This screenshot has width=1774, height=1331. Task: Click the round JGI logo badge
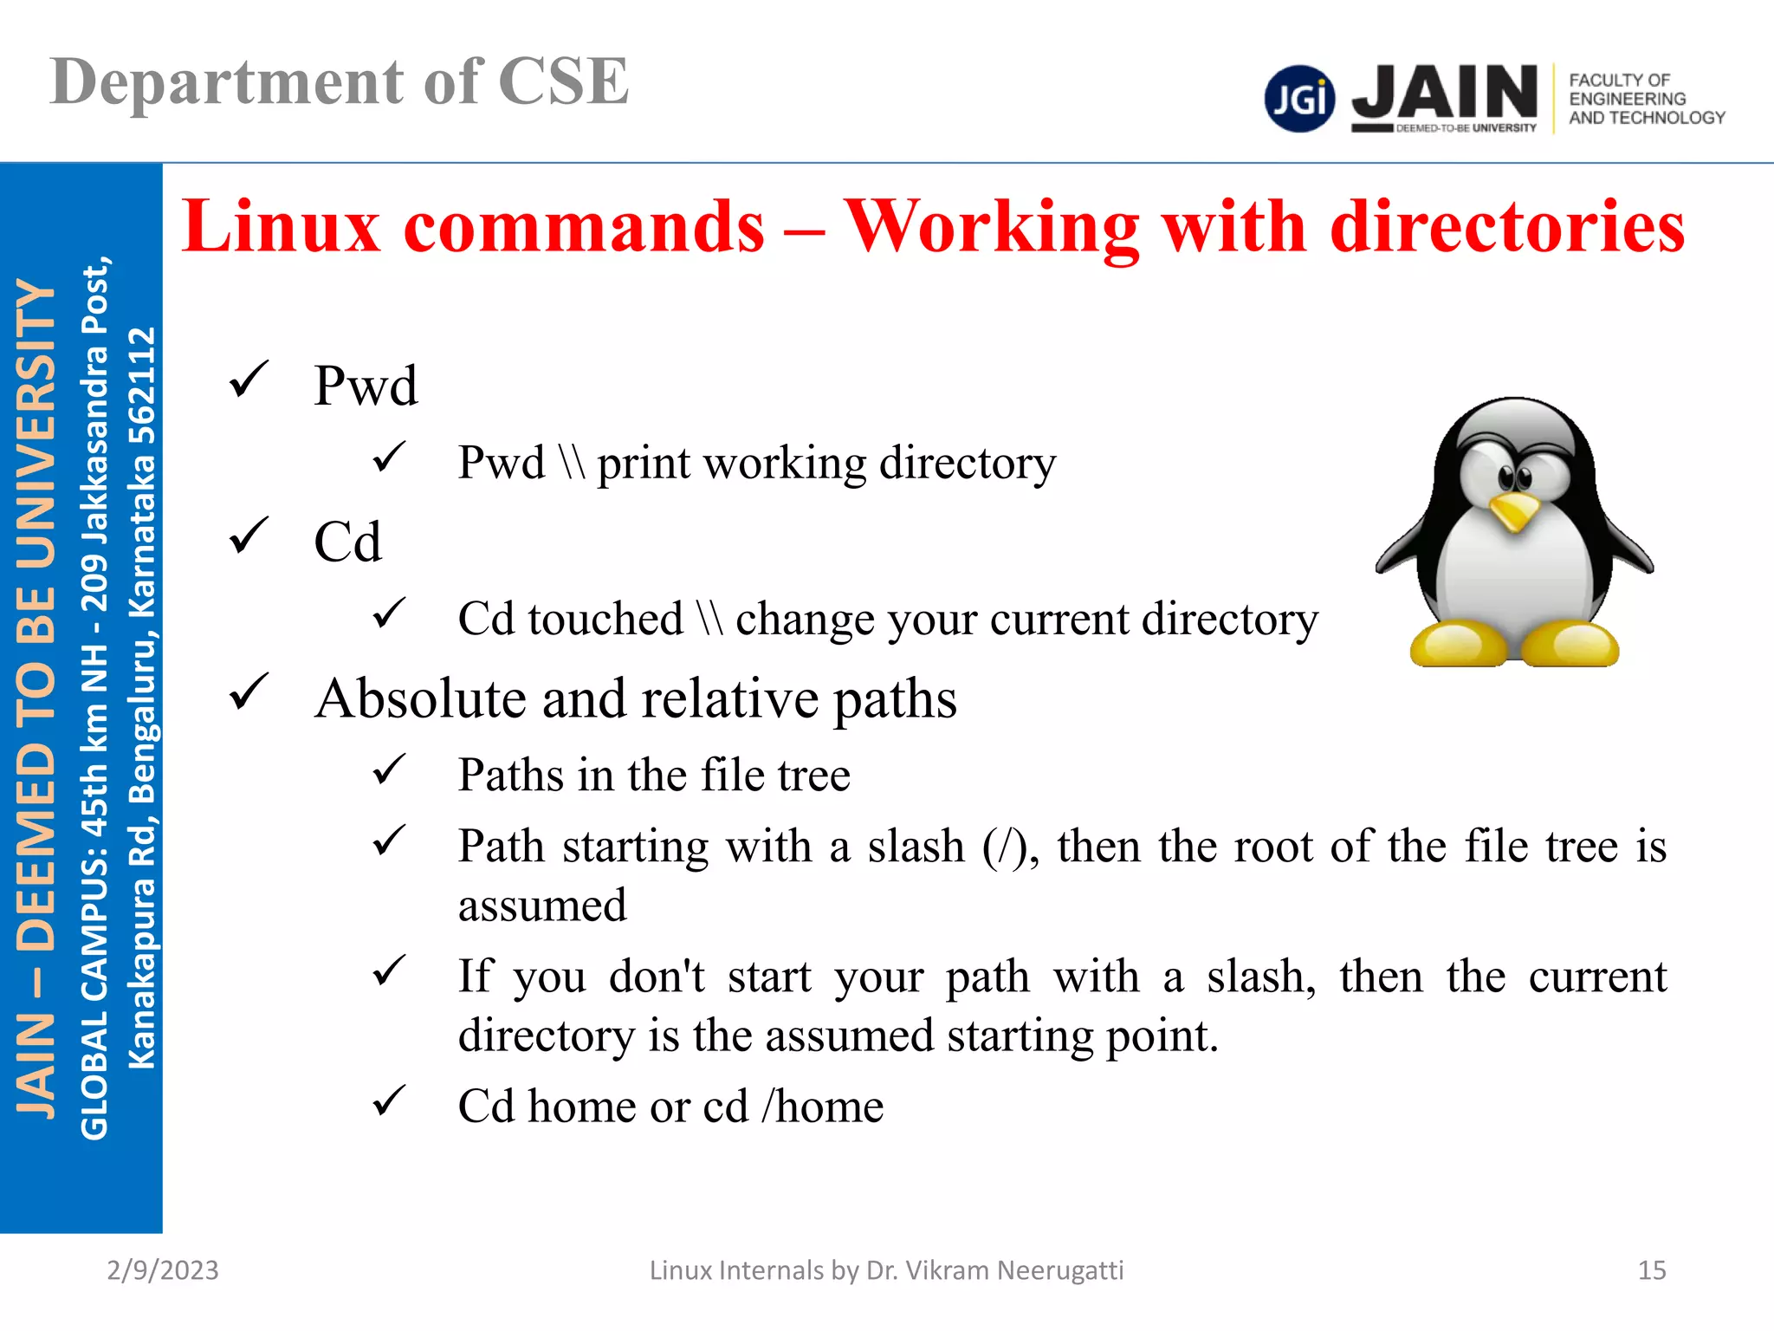pyautogui.click(x=1299, y=99)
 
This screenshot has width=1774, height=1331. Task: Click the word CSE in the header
pyautogui.click(x=563, y=82)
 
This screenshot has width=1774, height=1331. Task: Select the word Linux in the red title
pyautogui.click(x=282, y=226)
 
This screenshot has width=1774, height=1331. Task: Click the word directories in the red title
pyautogui.click(x=1507, y=226)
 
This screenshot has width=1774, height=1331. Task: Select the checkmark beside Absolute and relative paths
pyautogui.click(x=249, y=692)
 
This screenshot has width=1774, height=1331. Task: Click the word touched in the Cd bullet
pyautogui.click(x=605, y=620)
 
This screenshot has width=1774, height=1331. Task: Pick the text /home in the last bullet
pyautogui.click(x=822, y=1107)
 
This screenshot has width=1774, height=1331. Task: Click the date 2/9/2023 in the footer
pyautogui.click(x=163, y=1269)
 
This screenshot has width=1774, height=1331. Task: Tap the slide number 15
pyautogui.click(x=1651, y=1269)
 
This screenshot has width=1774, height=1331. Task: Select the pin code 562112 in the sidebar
pyautogui.click(x=141, y=386)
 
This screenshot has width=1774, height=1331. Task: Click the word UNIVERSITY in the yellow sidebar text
pyautogui.click(x=36, y=425)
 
